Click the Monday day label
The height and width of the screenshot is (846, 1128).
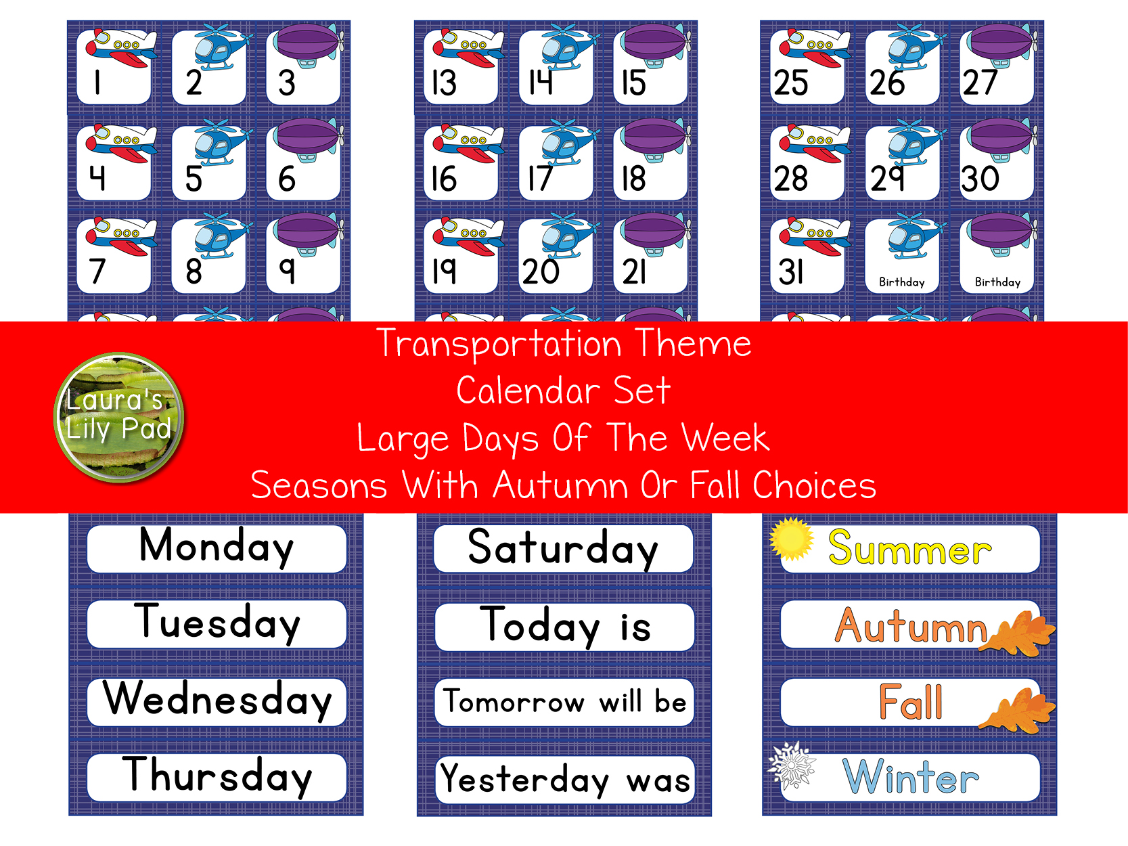[x=217, y=547]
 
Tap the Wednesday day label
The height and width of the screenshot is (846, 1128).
[x=217, y=700]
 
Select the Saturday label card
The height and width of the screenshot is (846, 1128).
[x=563, y=548]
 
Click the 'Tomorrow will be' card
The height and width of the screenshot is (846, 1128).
[x=564, y=702]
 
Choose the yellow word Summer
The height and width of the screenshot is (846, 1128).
[x=909, y=548]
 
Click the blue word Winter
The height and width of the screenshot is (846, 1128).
[x=911, y=777]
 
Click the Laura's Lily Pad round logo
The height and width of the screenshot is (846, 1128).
[x=119, y=417]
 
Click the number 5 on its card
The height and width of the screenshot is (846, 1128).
[x=194, y=179]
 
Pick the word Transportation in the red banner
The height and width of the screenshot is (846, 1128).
[x=499, y=344]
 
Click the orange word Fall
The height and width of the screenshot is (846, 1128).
[x=910, y=702]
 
